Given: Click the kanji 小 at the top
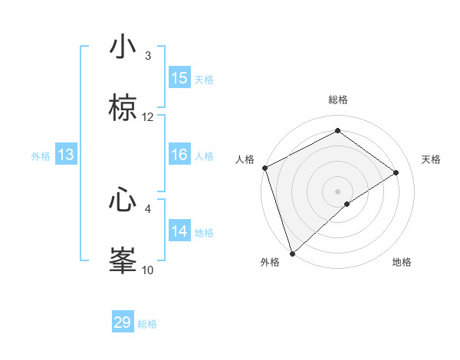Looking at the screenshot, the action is point(123,47).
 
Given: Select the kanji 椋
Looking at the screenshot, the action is point(123,109).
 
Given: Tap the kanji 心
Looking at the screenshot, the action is point(123,200).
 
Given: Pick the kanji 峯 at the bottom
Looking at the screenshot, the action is point(123,260).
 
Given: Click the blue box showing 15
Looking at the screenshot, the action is point(179,78).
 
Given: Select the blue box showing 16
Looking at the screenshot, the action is point(179,155).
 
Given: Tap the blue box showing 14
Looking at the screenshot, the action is point(179,231).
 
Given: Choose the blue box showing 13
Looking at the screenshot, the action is point(66,155).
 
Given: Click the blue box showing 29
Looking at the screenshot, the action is point(123,322).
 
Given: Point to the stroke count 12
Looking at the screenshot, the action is point(148,117).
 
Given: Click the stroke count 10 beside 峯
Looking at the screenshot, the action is point(148,270).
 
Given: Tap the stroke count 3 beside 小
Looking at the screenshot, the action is point(148,56).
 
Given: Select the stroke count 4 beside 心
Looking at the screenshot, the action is point(148,208).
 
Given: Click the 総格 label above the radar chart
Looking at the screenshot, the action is point(338,100).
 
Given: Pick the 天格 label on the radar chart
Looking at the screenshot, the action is point(432,159).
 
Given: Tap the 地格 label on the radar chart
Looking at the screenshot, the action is point(402,262).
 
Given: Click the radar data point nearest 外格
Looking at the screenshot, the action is point(292,253).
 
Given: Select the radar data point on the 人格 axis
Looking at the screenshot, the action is point(264,168).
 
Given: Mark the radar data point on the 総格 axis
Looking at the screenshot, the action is point(337,131).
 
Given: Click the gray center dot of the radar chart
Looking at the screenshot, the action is point(337,191).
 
